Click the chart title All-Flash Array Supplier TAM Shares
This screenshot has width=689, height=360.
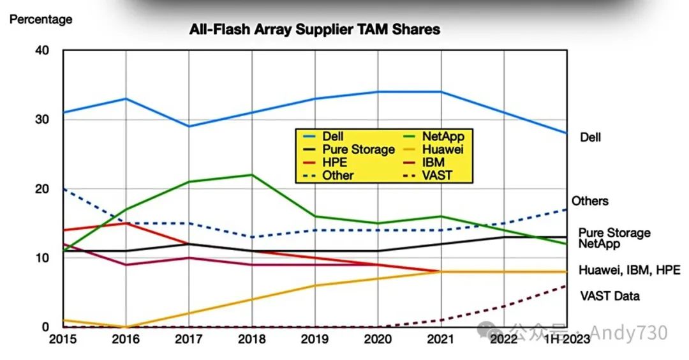point(315,29)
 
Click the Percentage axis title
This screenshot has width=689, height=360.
point(41,20)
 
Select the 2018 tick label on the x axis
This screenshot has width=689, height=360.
point(253,338)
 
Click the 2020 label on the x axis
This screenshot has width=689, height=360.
point(378,338)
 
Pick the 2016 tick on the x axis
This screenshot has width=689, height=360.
point(126,338)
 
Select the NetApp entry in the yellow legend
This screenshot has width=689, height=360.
point(442,136)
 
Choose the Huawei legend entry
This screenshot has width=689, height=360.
point(441,149)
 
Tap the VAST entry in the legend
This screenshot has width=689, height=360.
point(437,174)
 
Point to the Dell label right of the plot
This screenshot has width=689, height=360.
point(590,137)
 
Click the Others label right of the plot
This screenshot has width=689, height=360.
point(589,201)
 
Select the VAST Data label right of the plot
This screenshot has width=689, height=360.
point(609,296)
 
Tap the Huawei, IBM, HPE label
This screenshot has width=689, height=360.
point(629,271)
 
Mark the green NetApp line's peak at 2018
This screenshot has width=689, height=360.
point(253,175)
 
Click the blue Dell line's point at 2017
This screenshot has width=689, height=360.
point(189,126)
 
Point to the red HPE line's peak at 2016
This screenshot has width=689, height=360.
point(126,223)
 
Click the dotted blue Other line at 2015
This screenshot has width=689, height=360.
point(64,189)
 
